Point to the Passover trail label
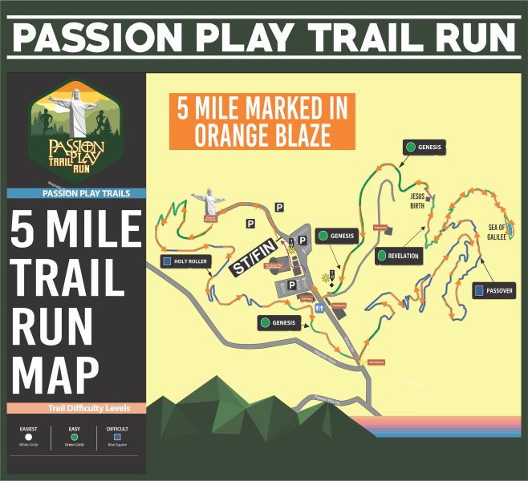click(493, 289)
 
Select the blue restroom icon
click(320, 306)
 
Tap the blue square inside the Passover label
click(478, 289)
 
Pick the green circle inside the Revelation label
click(381, 257)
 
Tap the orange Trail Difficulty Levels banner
click(76, 408)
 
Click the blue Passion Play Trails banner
click(76, 192)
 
